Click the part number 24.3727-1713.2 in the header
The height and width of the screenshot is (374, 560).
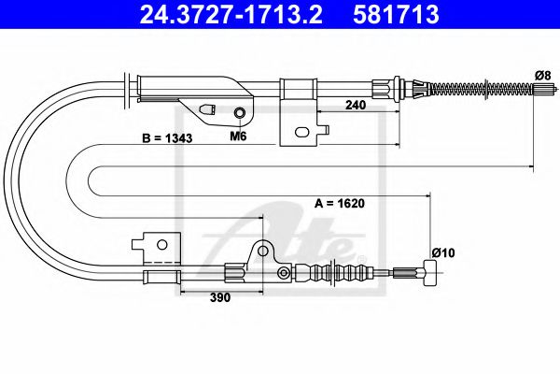(231, 14)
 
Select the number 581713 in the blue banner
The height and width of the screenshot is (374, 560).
(396, 14)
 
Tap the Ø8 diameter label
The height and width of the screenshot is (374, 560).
(543, 76)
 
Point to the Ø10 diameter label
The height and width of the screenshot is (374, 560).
(443, 253)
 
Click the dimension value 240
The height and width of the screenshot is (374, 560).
(356, 105)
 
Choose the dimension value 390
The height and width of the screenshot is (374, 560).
(220, 297)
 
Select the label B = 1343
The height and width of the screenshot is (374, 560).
(167, 138)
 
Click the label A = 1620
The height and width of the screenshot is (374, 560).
(340, 203)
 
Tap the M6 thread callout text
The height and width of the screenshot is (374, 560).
(238, 136)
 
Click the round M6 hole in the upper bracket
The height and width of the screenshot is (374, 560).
(239, 113)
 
